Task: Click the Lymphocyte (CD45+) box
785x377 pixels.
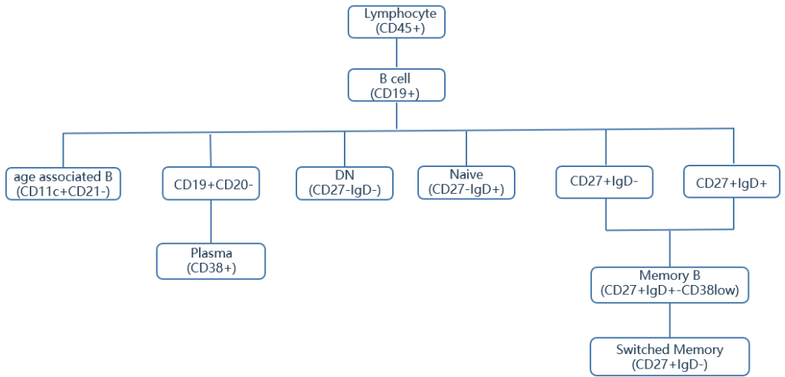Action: pos(396,21)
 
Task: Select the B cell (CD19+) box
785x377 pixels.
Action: pos(396,85)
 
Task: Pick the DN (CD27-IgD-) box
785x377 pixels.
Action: pos(345,182)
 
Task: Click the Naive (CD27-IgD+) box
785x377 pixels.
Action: pos(466,182)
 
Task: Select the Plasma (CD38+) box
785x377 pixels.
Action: pos(211,261)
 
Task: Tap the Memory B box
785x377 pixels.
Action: pos(669,284)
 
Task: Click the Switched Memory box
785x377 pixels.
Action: pos(669,357)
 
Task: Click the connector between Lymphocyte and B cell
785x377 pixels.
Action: pos(396,54)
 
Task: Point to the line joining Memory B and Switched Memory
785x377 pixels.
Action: pos(670,320)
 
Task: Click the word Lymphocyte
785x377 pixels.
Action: pos(396,14)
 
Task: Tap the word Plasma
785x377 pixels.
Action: pos(211,254)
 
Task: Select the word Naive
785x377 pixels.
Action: pos(466,175)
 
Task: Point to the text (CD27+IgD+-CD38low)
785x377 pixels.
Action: pos(669,291)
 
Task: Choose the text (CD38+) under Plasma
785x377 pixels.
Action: pos(211,268)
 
